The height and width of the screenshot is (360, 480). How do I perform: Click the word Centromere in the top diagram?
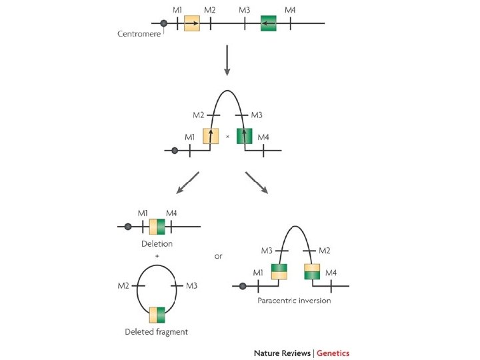[x=139, y=34]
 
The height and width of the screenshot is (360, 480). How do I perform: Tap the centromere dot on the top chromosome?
[x=164, y=23]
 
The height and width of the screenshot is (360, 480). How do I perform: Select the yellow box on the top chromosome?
[x=192, y=23]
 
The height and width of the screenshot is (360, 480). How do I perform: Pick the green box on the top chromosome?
[x=268, y=23]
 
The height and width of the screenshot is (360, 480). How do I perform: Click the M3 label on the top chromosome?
[x=244, y=10]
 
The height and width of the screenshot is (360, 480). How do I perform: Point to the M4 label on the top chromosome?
[x=291, y=10]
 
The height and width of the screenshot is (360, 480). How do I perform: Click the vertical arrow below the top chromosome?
[x=227, y=60]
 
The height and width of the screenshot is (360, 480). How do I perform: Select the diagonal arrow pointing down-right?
[x=256, y=183]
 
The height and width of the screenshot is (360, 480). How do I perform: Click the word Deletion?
[x=157, y=244]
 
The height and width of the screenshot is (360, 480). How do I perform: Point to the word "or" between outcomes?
[x=219, y=255]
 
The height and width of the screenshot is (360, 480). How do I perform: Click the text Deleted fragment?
[x=157, y=331]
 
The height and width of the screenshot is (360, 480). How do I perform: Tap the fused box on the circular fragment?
[x=157, y=315]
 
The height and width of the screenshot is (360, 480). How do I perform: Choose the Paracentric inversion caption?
[x=294, y=301]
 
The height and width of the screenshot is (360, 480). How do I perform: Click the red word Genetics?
[x=333, y=353]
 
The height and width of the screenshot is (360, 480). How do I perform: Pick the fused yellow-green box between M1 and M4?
[x=157, y=227]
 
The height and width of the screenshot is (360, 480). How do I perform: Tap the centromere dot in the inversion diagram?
[x=243, y=287]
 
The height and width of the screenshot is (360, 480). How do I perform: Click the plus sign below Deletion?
[x=157, y=255]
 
